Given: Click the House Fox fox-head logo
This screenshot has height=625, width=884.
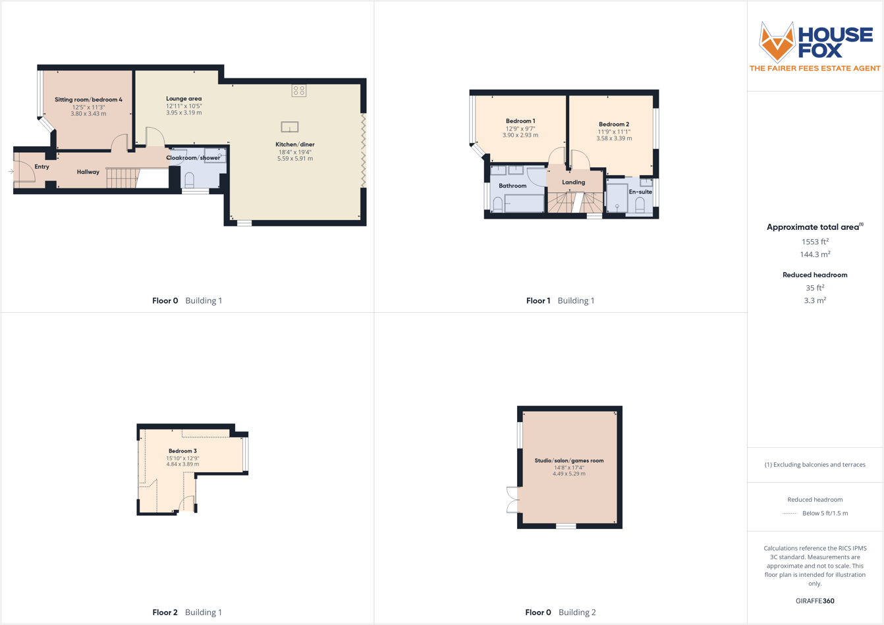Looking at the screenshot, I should (x=777, y=41).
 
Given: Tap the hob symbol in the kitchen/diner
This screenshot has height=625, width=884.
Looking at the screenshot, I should (x=299, y=90).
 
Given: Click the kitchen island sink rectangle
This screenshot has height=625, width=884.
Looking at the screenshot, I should (x=290, y=127).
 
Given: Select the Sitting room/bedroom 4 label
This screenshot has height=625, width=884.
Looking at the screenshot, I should (x=88, y=100).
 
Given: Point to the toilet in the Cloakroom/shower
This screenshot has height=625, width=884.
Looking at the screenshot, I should (x=190, y=180).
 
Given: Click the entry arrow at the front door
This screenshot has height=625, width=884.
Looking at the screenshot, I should (x=11, y=172).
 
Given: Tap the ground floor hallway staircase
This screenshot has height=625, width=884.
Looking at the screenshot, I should (x=121, y=178).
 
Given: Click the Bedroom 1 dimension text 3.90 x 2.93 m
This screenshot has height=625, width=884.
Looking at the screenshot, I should (x=520, y=136).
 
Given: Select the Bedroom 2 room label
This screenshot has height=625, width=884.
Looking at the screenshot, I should (x=614, y=124).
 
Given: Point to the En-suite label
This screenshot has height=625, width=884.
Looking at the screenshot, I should (x=640, y=192).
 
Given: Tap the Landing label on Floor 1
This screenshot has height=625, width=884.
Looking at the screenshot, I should (x=574, y=182).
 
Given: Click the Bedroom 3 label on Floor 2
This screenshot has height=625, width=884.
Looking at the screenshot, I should (x=182, y=451).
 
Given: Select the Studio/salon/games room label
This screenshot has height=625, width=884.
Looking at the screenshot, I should (x=569, y=461).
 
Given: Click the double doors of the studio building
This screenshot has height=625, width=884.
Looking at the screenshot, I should (x=512, y=499).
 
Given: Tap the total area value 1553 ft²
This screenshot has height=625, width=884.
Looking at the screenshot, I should (x=815, y=242).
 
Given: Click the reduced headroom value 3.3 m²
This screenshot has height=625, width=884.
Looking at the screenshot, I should (x=815, y=300).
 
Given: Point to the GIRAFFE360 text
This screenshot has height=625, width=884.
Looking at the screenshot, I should (x=815, y=601).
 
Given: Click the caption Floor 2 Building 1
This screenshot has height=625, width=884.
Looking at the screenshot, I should (x=187, y=612).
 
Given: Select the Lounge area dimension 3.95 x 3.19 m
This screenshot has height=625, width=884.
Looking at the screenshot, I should (x=184, y=113).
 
